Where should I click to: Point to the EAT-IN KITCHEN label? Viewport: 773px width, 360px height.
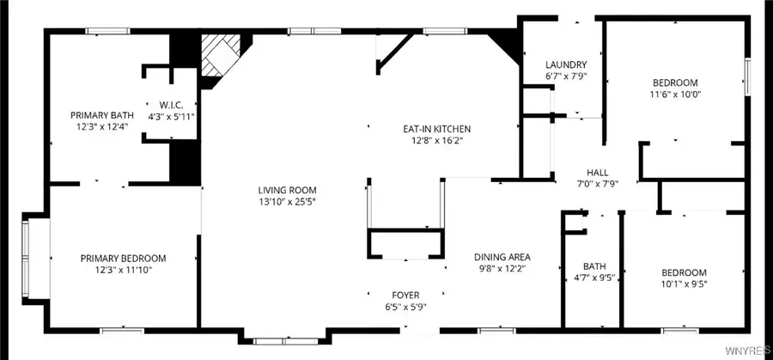[x=437, y=129]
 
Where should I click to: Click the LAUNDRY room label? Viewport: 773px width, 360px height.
[x=566, y=65]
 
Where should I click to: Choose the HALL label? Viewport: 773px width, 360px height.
[x=597, y=172]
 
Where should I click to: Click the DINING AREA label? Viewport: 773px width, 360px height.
[x=502, y=257]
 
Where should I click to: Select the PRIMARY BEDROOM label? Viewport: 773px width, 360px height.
[x=123, y=258]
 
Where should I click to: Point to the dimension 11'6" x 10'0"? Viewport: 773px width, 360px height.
[x=677, y=95]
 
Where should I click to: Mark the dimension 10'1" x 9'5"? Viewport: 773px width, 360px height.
[x=684, y=284]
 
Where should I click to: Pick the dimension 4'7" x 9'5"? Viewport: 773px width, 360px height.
[x=593, y=277]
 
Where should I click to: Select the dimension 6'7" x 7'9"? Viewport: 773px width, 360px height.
[x=566, y=76]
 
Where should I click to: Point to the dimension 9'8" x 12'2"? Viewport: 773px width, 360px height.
[x=502, y=268]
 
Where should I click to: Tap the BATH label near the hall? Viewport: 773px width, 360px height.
[x=593, y=265]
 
